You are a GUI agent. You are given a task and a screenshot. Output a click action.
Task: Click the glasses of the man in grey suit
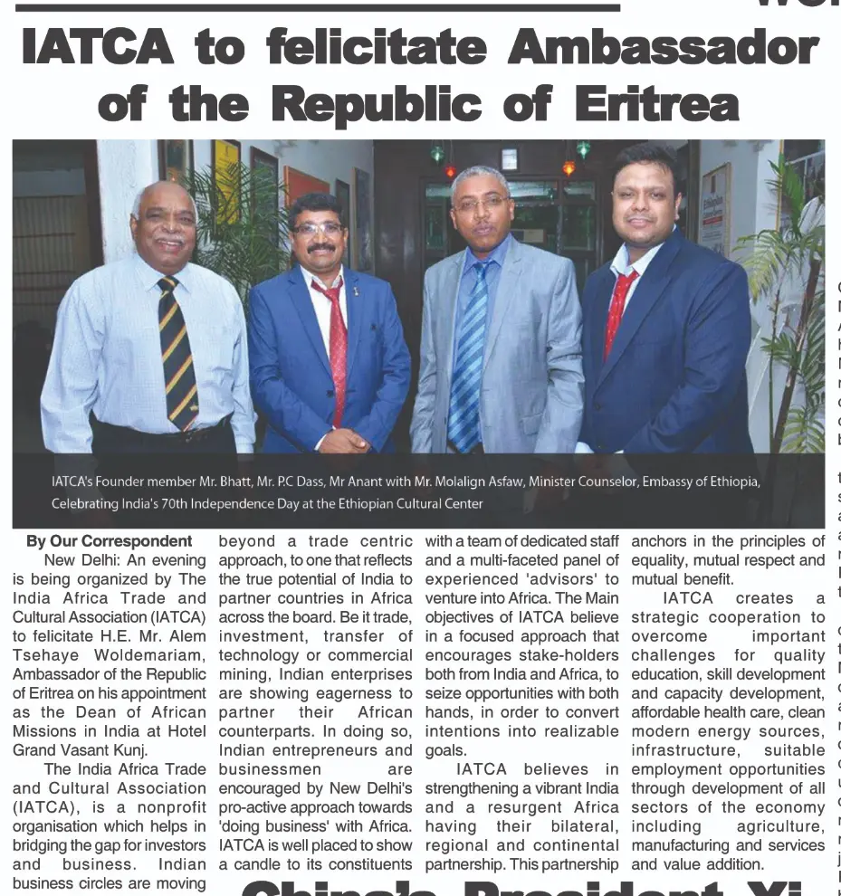point(480,204)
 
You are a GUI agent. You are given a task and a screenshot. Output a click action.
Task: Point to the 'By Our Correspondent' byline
point(109,542)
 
